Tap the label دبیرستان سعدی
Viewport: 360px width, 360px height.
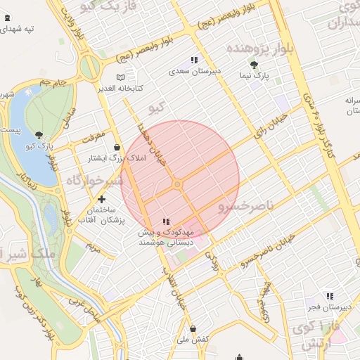(x=217, y=72)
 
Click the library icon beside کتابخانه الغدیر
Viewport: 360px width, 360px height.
(x=120, y=77)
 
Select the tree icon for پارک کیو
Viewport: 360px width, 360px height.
(x=39, y=136)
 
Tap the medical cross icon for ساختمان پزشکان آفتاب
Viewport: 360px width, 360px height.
(x=102, y=199)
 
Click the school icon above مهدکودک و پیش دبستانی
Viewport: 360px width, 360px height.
(x=165, y=221)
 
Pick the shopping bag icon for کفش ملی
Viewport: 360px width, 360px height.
(x=193, y=328)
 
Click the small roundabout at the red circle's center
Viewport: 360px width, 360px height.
(x=179, y=184)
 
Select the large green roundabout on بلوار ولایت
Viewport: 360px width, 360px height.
(x=90, y=68)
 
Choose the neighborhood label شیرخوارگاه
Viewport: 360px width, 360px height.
(x=95, y=181)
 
